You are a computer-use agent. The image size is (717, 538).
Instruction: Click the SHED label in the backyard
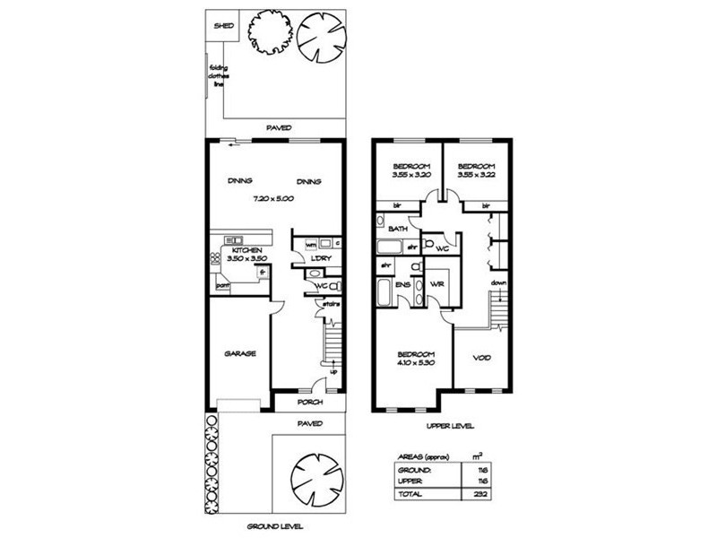tap(222, 26)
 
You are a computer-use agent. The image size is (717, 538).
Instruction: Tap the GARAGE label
tap(240, 353)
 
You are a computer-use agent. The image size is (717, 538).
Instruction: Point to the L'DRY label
tap(321, 260)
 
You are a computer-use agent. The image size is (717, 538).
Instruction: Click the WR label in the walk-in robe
tap(437, 284)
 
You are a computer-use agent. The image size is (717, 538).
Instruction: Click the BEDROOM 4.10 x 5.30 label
tap(416, 358)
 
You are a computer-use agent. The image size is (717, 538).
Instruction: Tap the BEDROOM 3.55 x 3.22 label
tap(476, 170)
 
